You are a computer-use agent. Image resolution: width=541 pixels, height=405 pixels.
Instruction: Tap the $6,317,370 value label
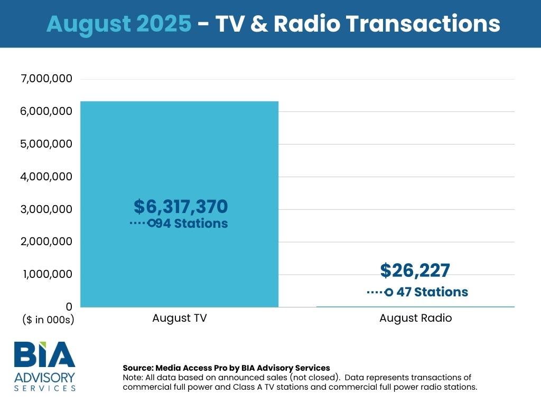tap(180, 206)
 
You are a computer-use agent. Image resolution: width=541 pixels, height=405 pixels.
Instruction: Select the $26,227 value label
tap(415, 271)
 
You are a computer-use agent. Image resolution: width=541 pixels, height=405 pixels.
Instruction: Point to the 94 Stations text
tap(191, 224)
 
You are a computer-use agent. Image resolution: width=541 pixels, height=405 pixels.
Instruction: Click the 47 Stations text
tap(432, 292)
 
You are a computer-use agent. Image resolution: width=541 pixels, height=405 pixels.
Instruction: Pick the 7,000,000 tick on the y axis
tap(46, 79)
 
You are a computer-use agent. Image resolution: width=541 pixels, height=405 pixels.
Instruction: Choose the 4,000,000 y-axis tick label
tap(46, 177)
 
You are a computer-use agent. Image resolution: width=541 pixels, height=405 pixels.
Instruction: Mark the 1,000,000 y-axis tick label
tap(46, 274)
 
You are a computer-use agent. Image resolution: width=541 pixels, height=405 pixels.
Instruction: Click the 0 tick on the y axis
tap(68, 306)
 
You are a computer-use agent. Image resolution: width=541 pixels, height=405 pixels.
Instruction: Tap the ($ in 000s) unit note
tap(48, 319)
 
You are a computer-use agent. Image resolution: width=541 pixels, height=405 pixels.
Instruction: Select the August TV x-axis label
tap(179, 319)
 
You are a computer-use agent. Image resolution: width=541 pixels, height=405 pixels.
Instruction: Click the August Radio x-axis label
tap(415, 319)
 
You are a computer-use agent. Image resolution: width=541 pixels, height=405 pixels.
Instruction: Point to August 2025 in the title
tap(119, 24)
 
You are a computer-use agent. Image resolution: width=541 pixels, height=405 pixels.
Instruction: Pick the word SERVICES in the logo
tap(44, 388)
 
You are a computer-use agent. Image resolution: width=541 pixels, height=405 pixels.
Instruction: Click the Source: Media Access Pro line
tap(226, 368)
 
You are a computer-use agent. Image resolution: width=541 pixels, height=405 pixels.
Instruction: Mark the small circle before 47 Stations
tap(389, 292)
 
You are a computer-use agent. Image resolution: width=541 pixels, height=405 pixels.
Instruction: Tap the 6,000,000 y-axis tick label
tap(46, 111)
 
